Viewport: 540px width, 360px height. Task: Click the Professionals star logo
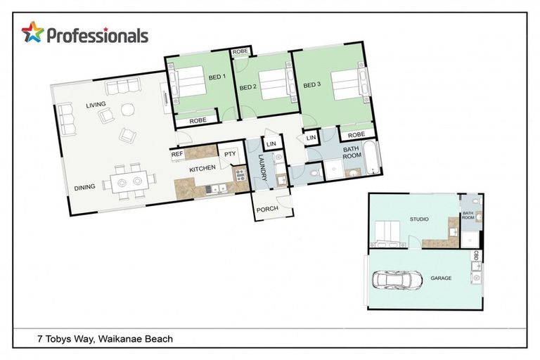[32, 32]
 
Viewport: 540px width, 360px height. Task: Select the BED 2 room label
[246, 87]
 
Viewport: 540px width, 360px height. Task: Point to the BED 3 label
[311, 85]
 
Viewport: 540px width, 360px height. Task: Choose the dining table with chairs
[126, 182]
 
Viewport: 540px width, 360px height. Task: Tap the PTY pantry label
[229, 155]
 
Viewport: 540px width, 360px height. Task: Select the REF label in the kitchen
[176, 153]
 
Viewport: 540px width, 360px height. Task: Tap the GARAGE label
[441, 278]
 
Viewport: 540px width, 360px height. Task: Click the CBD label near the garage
[477, 256]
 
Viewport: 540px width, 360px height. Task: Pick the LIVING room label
[96, 105]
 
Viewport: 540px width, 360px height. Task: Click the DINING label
[85, 187]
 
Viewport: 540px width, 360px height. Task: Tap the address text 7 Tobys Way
[105, 339]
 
